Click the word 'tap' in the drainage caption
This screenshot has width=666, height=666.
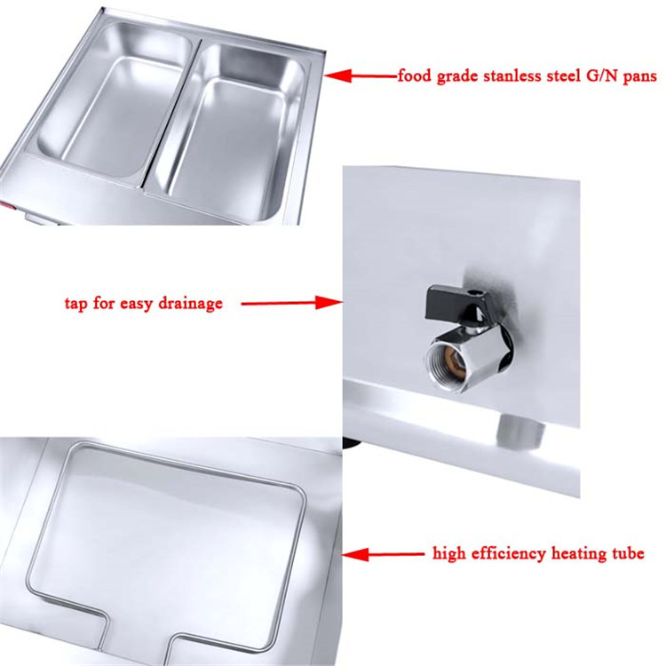click(76, 304)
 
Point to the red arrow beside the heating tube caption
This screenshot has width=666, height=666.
click(383, 554)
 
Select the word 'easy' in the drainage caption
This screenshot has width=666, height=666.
click(133, 304)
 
